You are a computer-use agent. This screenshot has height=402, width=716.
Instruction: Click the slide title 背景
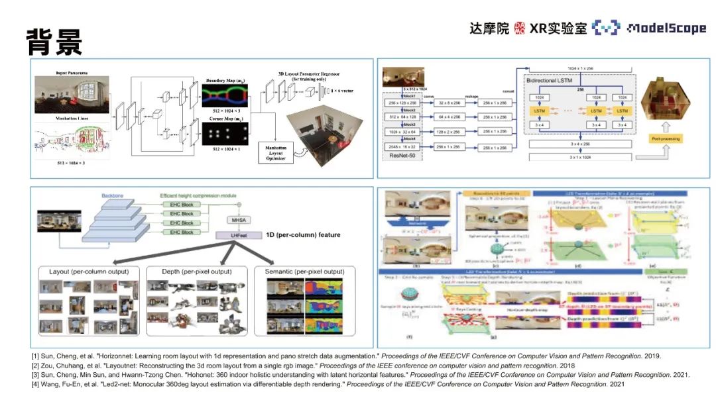tap(54, 41)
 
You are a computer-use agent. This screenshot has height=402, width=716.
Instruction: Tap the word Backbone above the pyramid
tap(114, 196)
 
